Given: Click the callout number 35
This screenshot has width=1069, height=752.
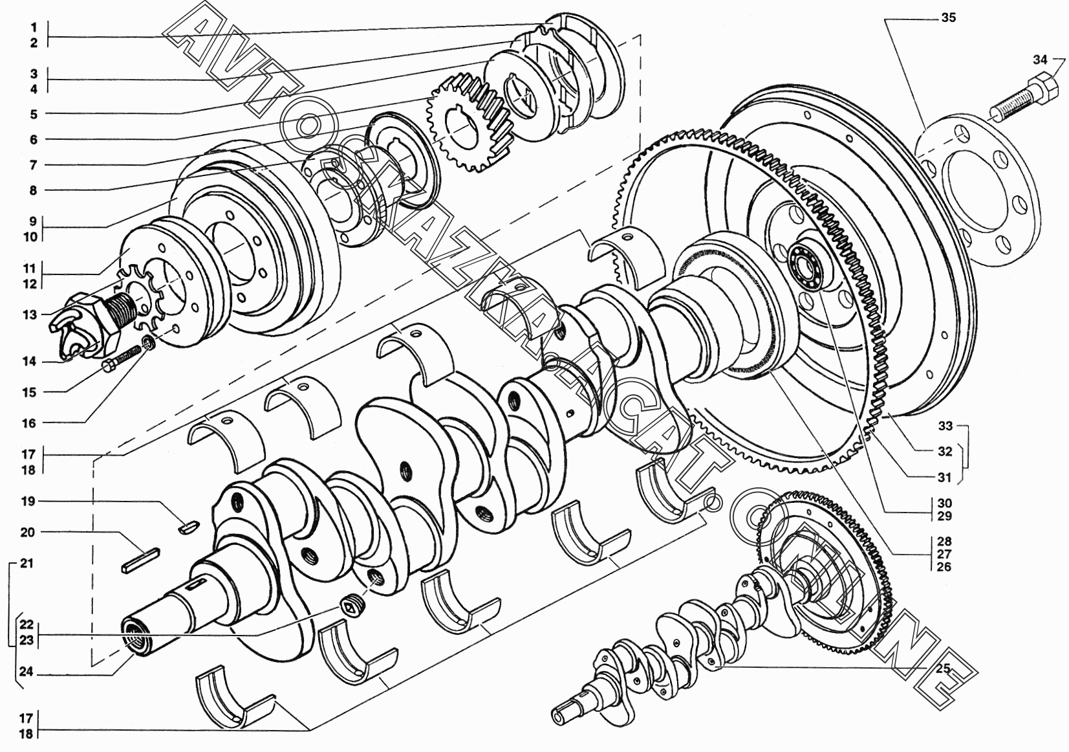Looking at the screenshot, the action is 949,17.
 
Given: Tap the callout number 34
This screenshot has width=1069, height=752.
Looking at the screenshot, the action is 1041,60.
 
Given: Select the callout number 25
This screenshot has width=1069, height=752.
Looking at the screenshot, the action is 943,668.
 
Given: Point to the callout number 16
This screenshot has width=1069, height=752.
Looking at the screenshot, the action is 29,423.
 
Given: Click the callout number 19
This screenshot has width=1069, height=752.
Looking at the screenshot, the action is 28,502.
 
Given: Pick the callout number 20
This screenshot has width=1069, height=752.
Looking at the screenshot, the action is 28,533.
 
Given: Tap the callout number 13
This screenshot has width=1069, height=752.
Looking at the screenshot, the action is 29,315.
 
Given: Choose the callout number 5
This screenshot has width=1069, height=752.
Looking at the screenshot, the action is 34,114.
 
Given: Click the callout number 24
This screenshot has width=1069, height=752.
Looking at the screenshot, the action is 27,672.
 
